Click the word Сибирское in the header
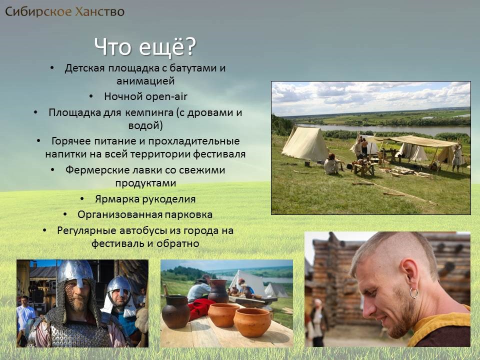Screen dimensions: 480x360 click(38, 12)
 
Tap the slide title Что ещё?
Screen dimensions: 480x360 click(145, 47)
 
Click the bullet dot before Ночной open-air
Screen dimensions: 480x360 click(91, 96)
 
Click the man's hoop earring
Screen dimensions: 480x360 click(413, 293)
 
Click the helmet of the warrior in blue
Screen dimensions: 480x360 click(119, 286)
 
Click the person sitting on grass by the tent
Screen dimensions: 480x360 click(332, 164)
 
